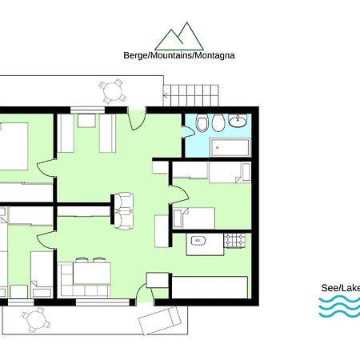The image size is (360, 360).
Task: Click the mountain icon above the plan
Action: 179,37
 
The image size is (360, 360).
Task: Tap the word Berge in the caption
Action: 135,55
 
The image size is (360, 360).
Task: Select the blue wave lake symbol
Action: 340,307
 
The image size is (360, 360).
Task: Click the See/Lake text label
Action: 341,288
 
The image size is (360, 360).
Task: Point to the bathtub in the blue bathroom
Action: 230,147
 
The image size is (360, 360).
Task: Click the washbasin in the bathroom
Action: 238,121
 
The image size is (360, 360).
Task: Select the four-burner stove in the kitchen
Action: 234,240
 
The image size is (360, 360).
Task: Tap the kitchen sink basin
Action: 198,240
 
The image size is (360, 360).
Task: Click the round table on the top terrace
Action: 113,91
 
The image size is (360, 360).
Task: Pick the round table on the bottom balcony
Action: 36,320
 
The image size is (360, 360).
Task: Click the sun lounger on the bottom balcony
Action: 160,321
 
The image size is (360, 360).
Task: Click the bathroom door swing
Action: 189,131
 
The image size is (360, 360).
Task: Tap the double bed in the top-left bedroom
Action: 14,146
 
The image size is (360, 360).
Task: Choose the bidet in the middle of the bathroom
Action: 218,123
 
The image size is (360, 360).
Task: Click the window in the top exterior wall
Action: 87,110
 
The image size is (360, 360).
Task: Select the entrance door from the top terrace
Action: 137,119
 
